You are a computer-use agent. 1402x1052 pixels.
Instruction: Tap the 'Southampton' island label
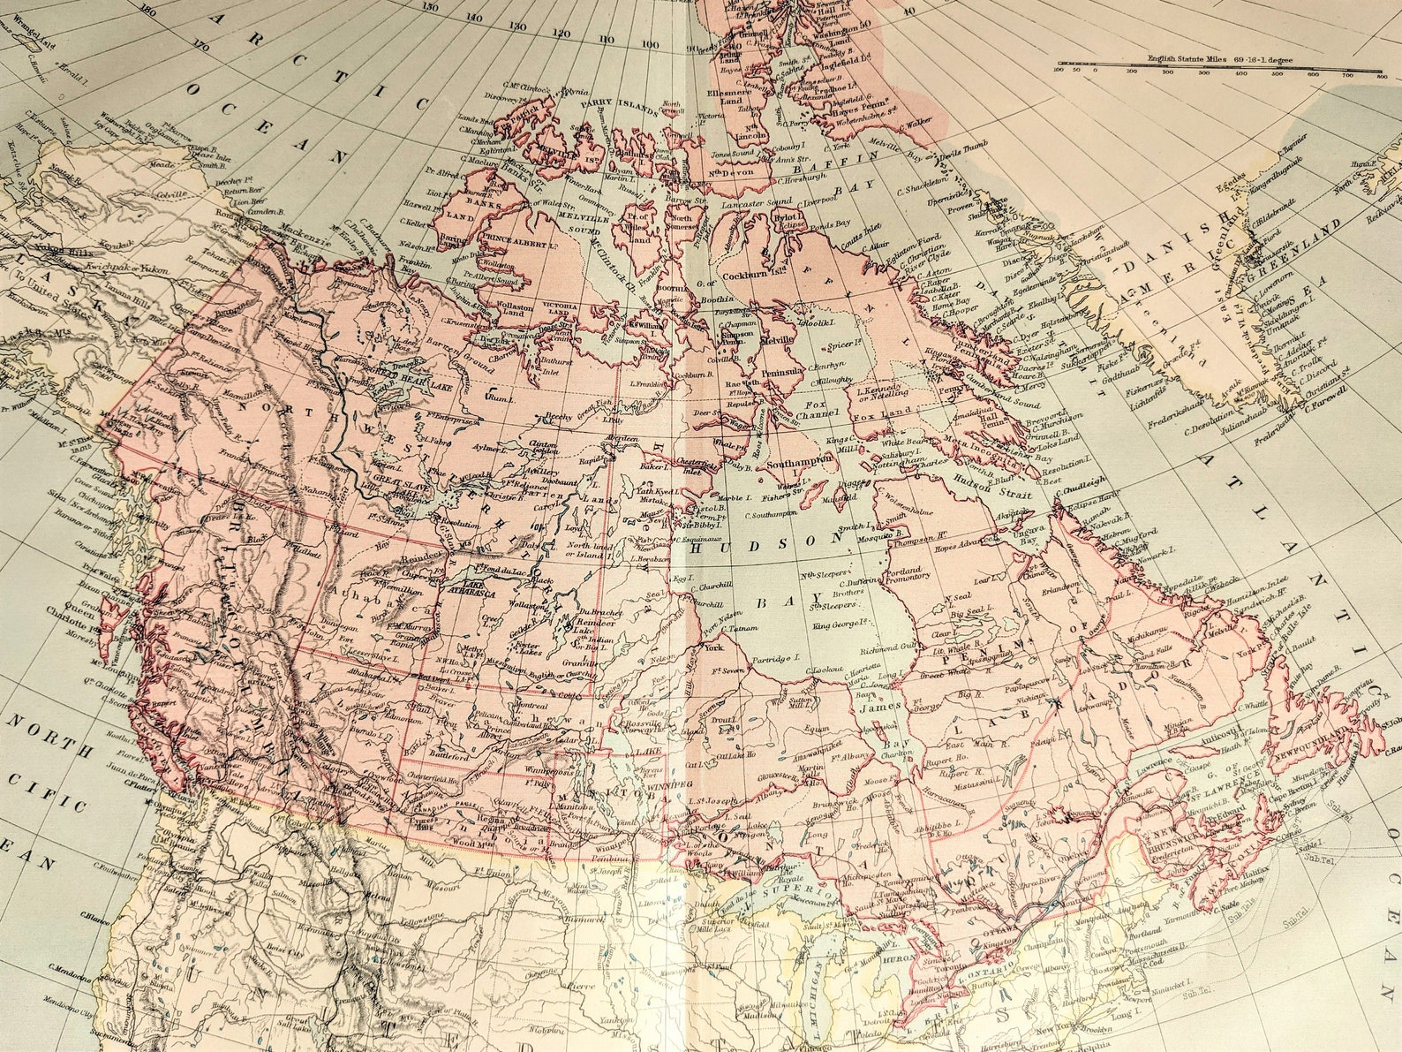799,461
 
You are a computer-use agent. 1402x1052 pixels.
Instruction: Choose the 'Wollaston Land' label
503,309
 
